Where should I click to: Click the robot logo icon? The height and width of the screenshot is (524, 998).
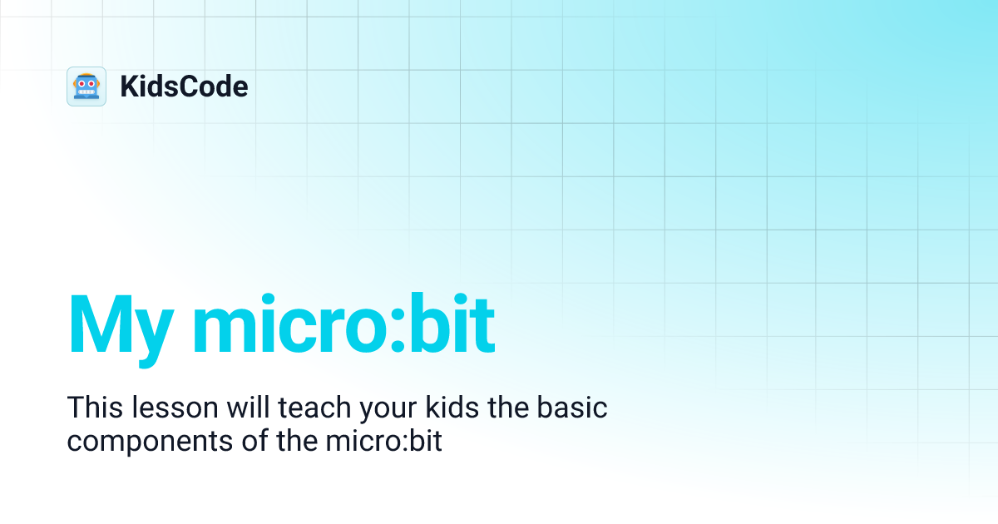(x=86, y=87)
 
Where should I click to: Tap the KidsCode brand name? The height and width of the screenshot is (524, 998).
(x=184, y=87)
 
